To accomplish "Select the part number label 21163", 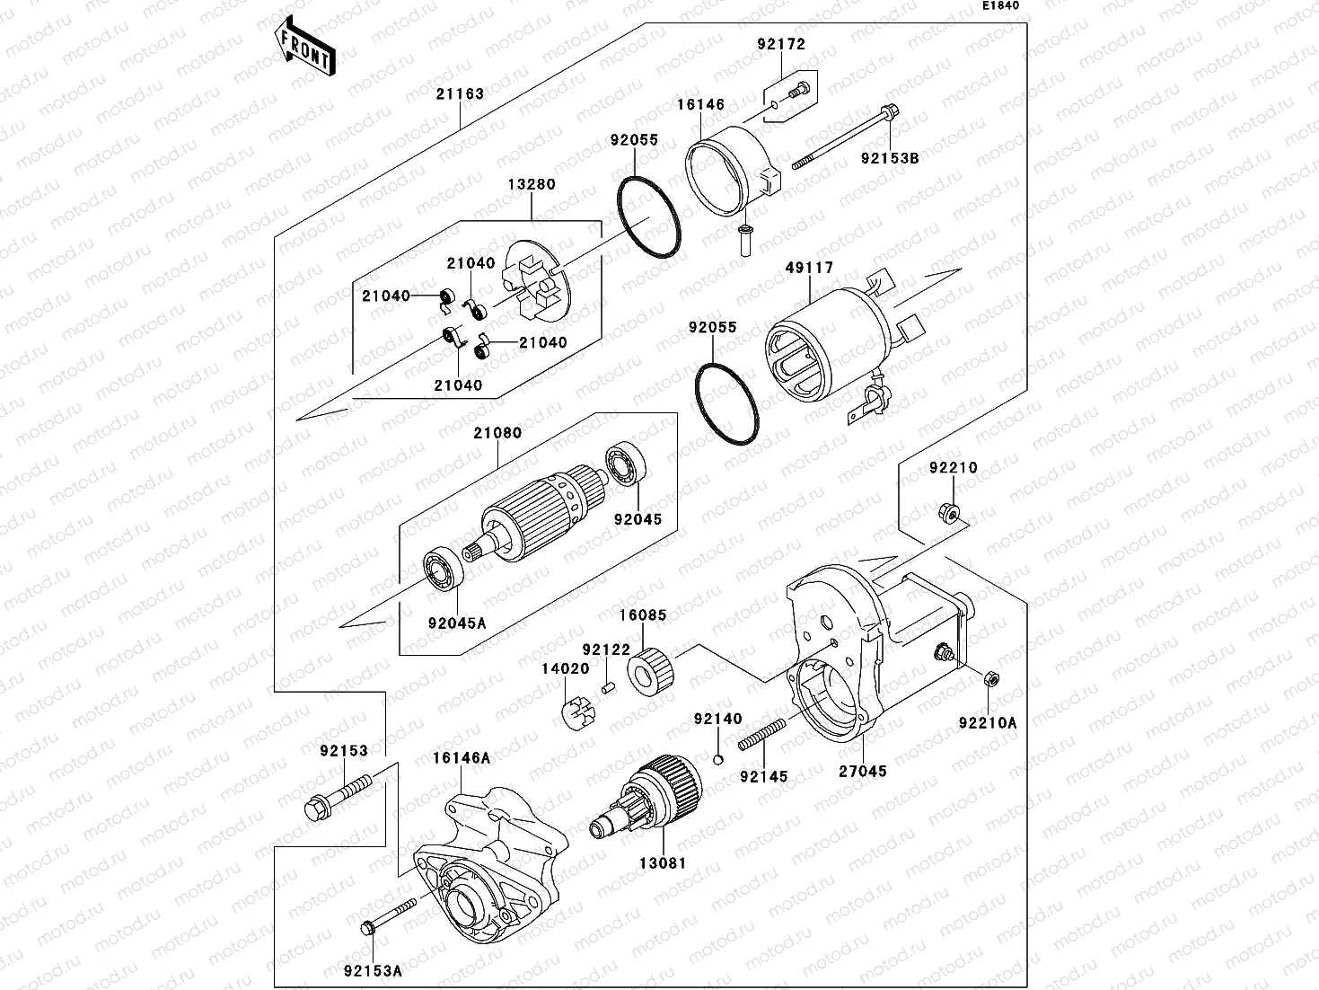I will pos(461,93).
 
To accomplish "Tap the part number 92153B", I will pos(890,158).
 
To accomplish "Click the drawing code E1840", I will pos(999,5).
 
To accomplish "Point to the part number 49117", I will pos(809,268).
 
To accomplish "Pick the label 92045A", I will pos(456,622).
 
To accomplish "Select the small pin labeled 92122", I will pos(607,687).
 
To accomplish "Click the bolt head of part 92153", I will pos(316,806).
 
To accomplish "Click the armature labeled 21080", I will pos(530,519).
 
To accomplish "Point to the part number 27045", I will pos(863,771).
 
